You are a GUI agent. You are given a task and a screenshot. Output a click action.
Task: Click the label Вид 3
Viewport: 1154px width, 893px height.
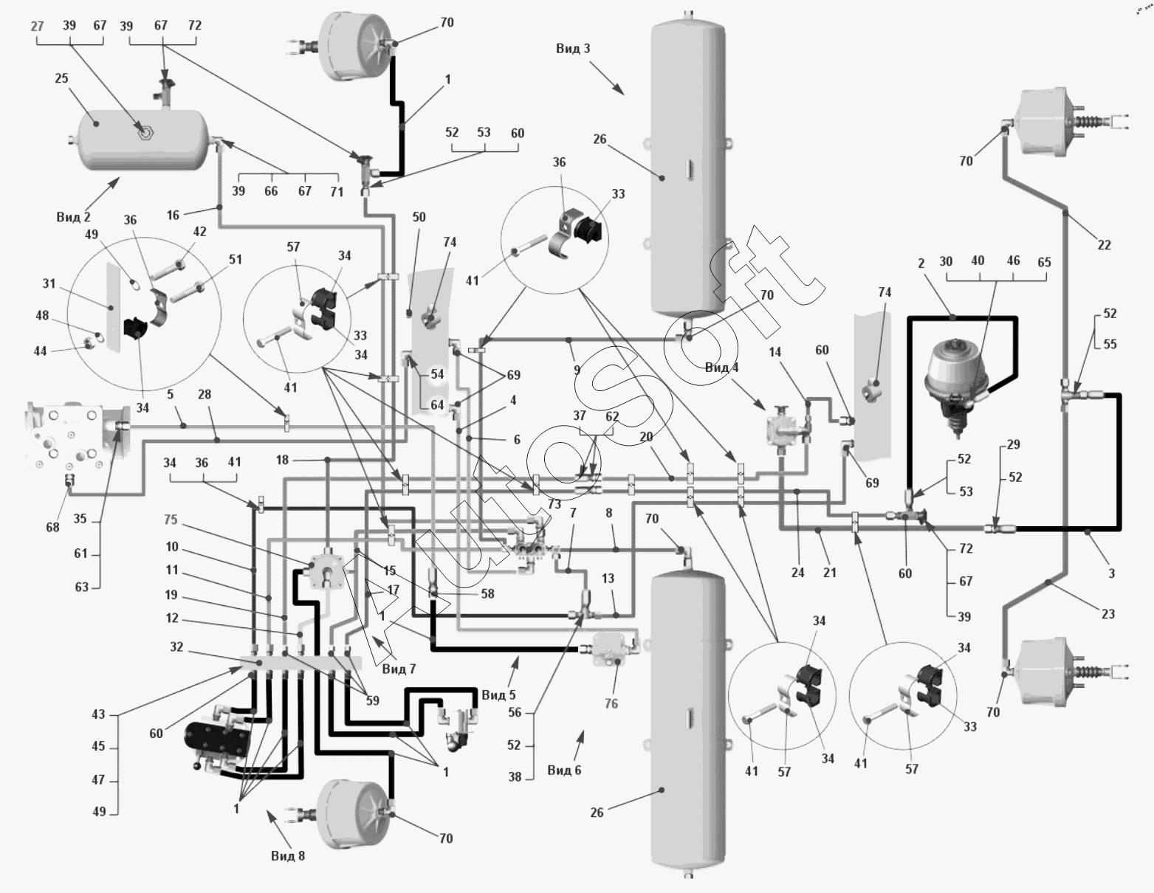click(x=573, y=49)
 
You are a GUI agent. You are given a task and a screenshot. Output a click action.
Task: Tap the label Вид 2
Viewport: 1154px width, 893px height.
click(x=73, y=217)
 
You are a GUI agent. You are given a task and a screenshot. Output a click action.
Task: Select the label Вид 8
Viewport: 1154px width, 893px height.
click(x=288, y=855)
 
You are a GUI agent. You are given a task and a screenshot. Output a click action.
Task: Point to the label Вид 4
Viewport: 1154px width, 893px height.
click(x=722, y=368)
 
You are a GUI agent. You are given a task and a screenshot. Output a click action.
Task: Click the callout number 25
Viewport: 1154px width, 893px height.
click(x=61, y=78)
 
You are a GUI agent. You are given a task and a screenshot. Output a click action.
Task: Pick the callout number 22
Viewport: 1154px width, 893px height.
click(x=1104, y=245)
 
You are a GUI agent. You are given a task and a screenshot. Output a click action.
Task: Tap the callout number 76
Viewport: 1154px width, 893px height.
click(x=611, y=703)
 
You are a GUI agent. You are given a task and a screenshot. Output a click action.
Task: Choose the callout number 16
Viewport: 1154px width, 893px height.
click(x=173, y=215)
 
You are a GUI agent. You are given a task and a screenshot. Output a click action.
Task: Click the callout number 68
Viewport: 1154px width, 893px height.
click(x=52, y=527)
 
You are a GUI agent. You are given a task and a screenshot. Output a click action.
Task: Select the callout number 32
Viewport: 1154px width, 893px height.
click(x=176, y=647)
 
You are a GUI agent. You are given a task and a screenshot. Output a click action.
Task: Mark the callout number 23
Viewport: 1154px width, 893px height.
click(x=1107, y=614)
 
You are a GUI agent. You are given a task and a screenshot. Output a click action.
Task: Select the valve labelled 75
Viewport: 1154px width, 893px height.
click(x=326, y=571)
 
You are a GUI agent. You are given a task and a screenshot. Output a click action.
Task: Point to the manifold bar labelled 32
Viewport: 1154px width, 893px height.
click(x=300, y=663)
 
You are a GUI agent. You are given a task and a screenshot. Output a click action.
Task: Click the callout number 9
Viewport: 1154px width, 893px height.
click(x=577, y=370)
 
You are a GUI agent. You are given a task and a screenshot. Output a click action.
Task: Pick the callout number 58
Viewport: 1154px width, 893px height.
click(x=488, y=594)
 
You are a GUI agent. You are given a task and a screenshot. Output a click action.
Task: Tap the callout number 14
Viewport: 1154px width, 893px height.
click(x=775, y=352)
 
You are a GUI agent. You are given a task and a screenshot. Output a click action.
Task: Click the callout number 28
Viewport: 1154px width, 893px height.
click(x=205, y=394)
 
